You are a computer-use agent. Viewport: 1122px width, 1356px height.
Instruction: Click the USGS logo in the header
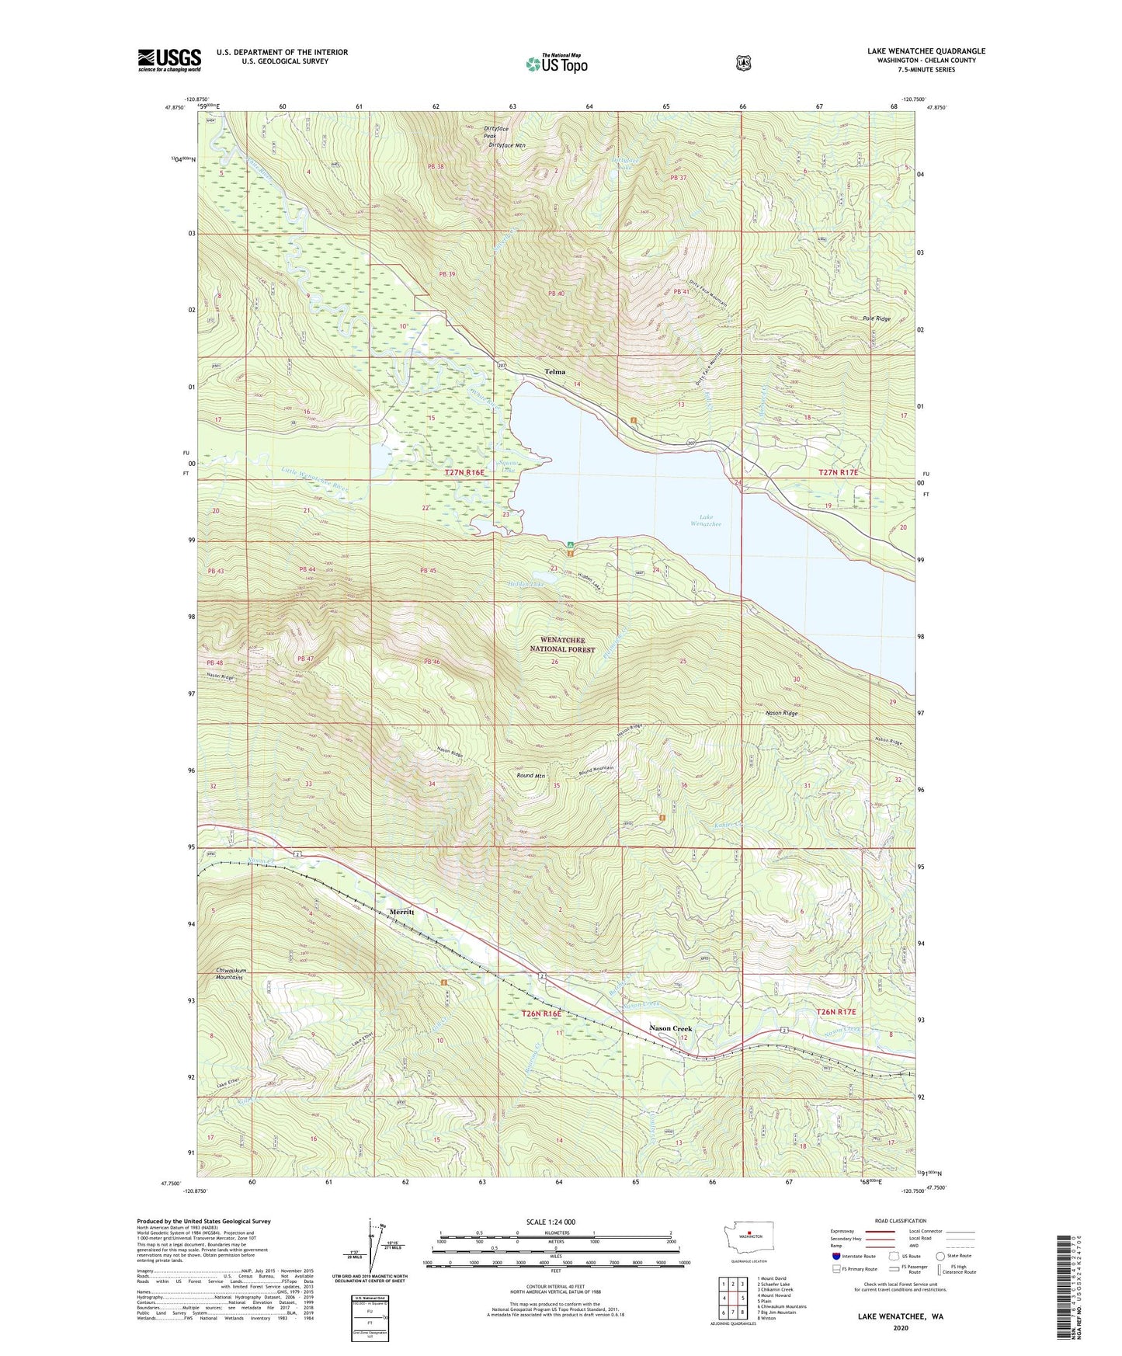click(x=169, y=60)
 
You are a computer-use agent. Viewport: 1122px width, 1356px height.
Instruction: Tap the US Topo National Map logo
click(x=556, y=64)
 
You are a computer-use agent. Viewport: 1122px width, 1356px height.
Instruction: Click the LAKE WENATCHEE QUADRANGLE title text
click(x=926, y=51)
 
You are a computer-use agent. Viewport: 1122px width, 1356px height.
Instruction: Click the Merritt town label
click(x=402, y=912)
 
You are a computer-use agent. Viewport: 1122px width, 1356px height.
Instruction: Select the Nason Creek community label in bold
click(x=670, y=1028)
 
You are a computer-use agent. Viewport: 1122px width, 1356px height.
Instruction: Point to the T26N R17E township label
click(x=835, y=1012)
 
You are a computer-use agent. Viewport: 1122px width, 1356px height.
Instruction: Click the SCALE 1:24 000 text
click(x=551, y=1222)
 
